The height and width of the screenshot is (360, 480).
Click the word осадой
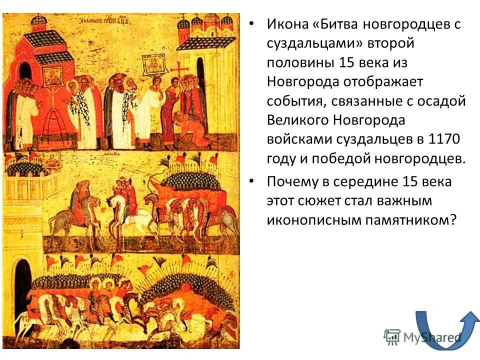(440, 101)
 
